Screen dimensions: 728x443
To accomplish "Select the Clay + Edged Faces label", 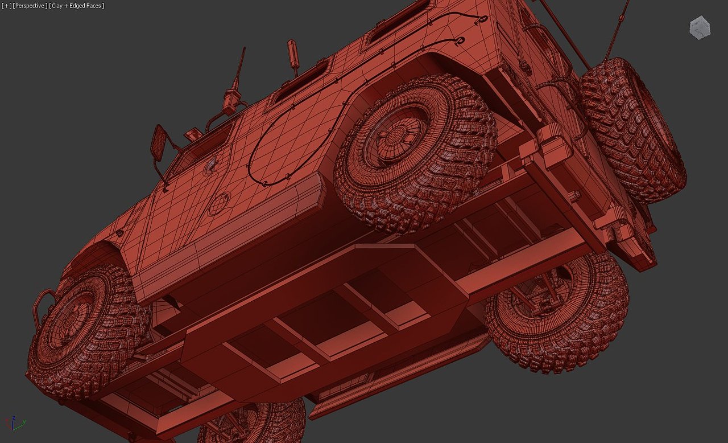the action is click(77, 6).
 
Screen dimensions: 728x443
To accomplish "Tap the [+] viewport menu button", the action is click(6, 6).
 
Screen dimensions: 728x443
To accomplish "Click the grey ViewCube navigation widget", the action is click(700, 28).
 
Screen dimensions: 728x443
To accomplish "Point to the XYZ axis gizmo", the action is click(14, 424).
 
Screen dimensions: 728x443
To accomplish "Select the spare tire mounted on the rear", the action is click(632, 130).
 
